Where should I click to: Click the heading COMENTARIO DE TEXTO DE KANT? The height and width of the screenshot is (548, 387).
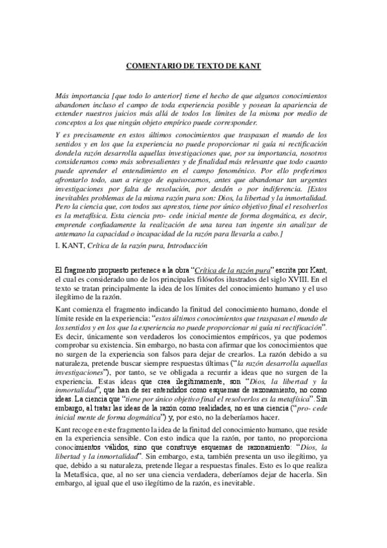(x=193, y=65)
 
